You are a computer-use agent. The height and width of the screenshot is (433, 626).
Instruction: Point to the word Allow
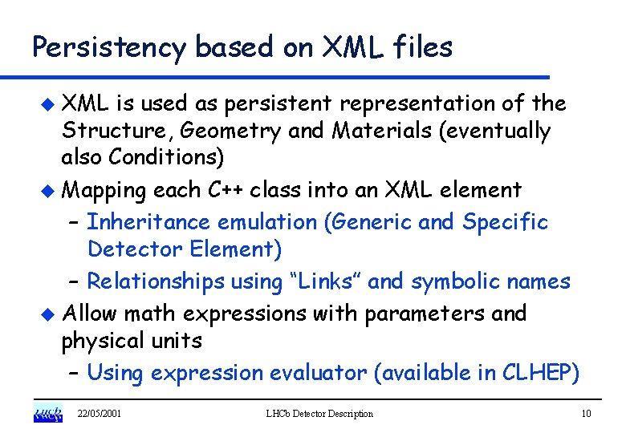pyautogui.click(x=88, y=313)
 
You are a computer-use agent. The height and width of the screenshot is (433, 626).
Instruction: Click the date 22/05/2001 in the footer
pyautogui.click(x=99, y=414)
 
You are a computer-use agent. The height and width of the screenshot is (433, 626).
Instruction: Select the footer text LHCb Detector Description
pyautogui.click(x=319, y=414)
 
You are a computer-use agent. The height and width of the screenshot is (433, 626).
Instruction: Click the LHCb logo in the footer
pyautogui.click(x=47, y=414)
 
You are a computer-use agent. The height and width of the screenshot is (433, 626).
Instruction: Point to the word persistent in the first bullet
pyautogui.click(x=278, y=104)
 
